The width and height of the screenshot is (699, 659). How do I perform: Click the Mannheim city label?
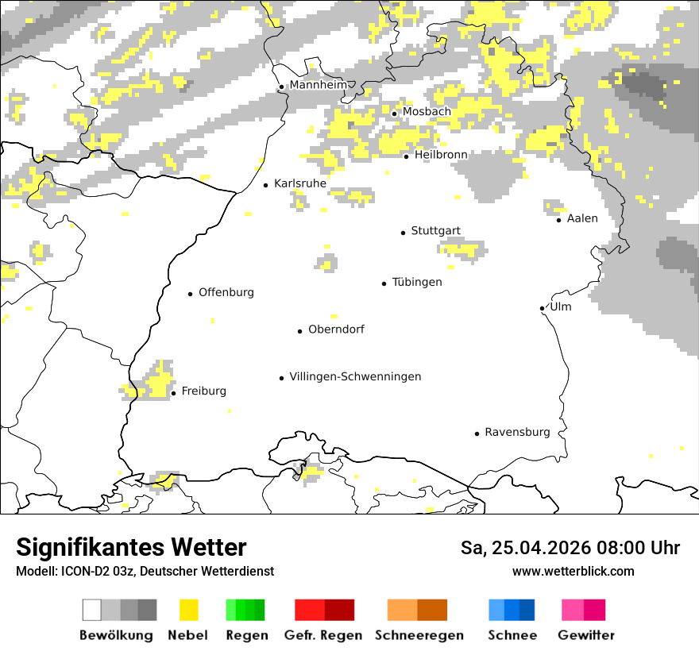(318, 85)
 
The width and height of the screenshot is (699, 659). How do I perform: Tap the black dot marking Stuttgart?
(404, 233)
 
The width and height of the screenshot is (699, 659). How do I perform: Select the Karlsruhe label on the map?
(299, 183)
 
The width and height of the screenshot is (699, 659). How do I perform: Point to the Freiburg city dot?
(173, 393)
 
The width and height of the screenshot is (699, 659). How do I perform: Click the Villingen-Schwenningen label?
(355, 376)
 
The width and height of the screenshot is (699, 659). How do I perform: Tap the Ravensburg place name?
(517, 432)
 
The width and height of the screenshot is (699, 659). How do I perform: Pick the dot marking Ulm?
(542, 308)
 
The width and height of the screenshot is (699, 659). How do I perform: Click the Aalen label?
(582, 218)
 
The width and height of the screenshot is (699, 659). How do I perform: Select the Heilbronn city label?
(441, 154)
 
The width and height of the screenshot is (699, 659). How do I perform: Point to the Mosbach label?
(426, 112)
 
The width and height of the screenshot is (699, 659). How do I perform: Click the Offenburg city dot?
(191, 294)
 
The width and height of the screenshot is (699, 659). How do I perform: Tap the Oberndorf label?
(336, 329)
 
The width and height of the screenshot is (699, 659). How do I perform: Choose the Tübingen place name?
(417, 282)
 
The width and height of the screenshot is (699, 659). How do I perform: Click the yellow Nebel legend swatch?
(188, 610)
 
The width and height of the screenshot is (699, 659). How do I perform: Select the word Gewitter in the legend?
(586, 635)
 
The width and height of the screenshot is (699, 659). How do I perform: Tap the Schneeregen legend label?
(419, 635)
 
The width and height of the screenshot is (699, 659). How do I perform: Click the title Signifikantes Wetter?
(131, 547)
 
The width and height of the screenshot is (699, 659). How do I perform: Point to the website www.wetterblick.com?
(573, 571)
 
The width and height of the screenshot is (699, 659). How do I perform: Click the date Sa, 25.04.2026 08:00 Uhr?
(570, 548)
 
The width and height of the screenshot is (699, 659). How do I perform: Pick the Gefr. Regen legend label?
(322, 635)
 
